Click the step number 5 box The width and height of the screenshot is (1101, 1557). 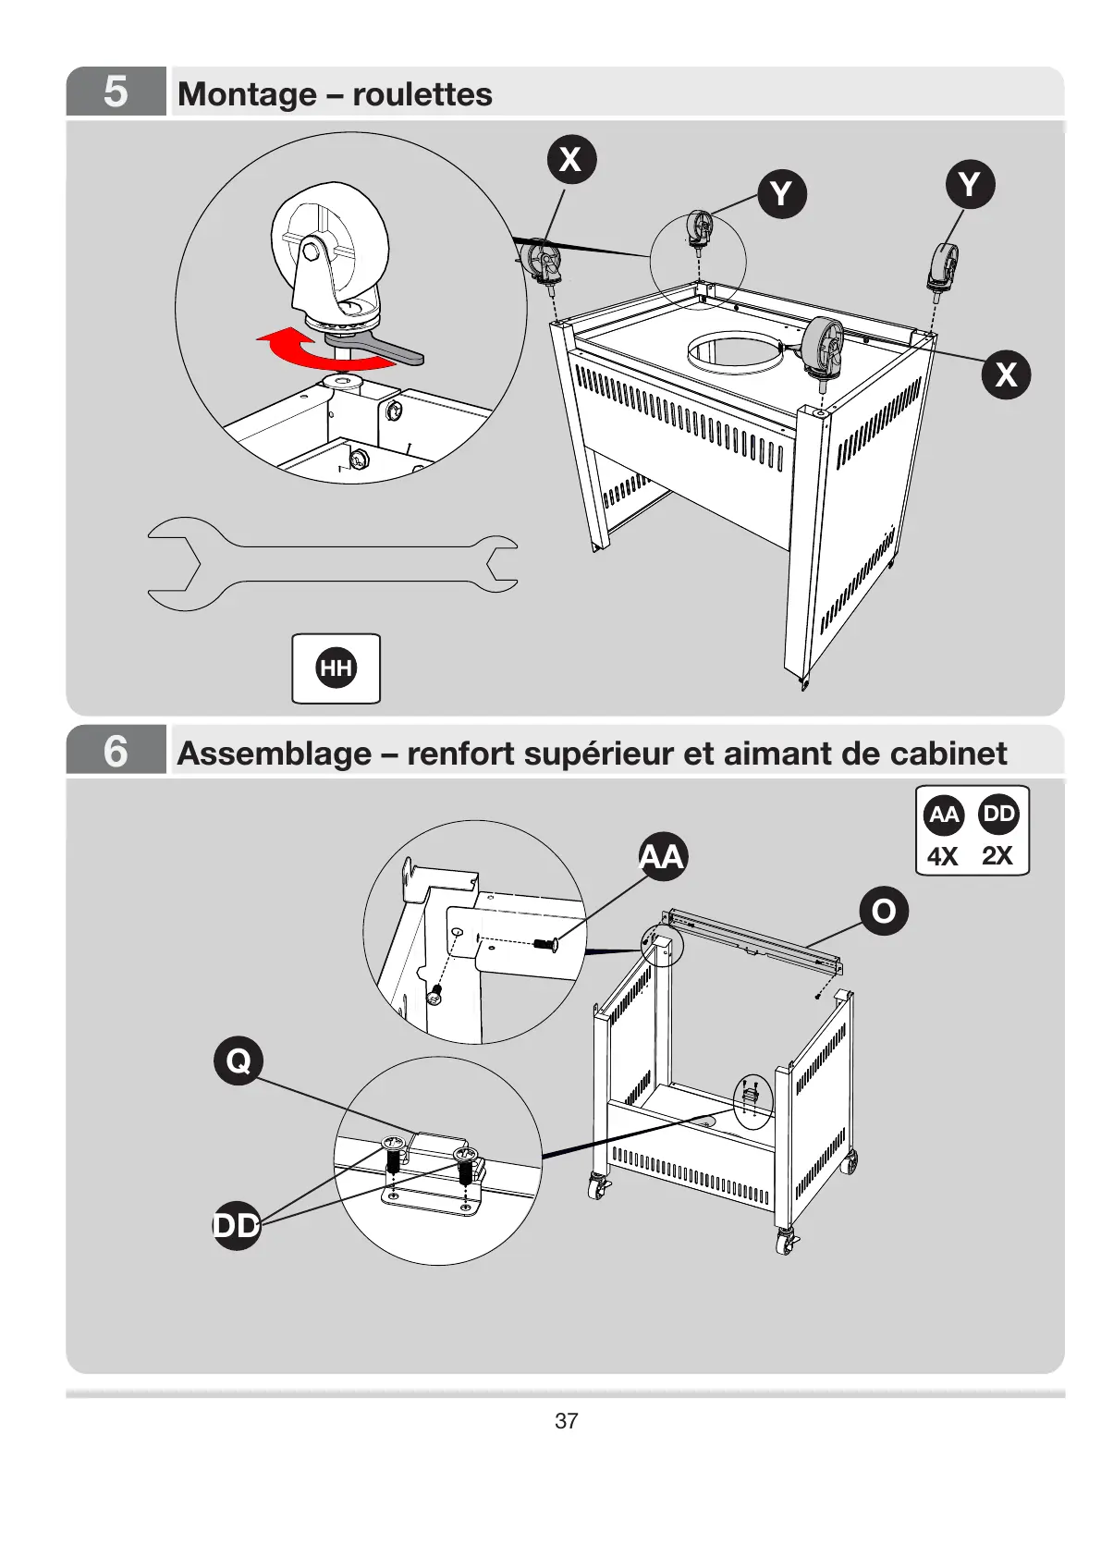pyautogui.click(x=116, y=92)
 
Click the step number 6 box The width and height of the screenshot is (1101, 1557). pyautogui.click(x=116, y=751)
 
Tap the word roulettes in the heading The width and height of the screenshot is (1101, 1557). pyautogui.click(x=422, y=93)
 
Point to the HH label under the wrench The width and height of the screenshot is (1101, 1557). pyautogui.click(x=336, y=668)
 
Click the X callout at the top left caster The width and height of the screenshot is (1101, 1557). pyautogui.click(x=571, y=158)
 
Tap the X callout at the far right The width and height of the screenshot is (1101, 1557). pyautogui.click(x=1005, y=374)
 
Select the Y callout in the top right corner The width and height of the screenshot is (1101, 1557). pyautogui.click(x=969, y=184)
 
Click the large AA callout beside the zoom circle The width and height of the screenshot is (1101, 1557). pyautogui.click(x=662, y=856)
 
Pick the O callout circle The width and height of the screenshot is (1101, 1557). pyautogui.click(x=884, y=911)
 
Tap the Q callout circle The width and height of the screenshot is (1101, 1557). pyautogui.click(x=239, y=1060)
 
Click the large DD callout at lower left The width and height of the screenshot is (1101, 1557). pyautogui.click(x=237, y=1225)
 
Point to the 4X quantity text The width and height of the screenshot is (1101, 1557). pyautogui.click(x=943, y=856)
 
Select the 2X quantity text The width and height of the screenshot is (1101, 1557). pyautogui.click(x=997, y=855)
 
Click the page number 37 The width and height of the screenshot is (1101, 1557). pyautogui.click(x=566, y=1421)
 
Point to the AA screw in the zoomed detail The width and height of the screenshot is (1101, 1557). pyautogui.click(x=546, y=944)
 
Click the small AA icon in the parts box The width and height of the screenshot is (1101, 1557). pyautogui.click(x=944, y=815)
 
